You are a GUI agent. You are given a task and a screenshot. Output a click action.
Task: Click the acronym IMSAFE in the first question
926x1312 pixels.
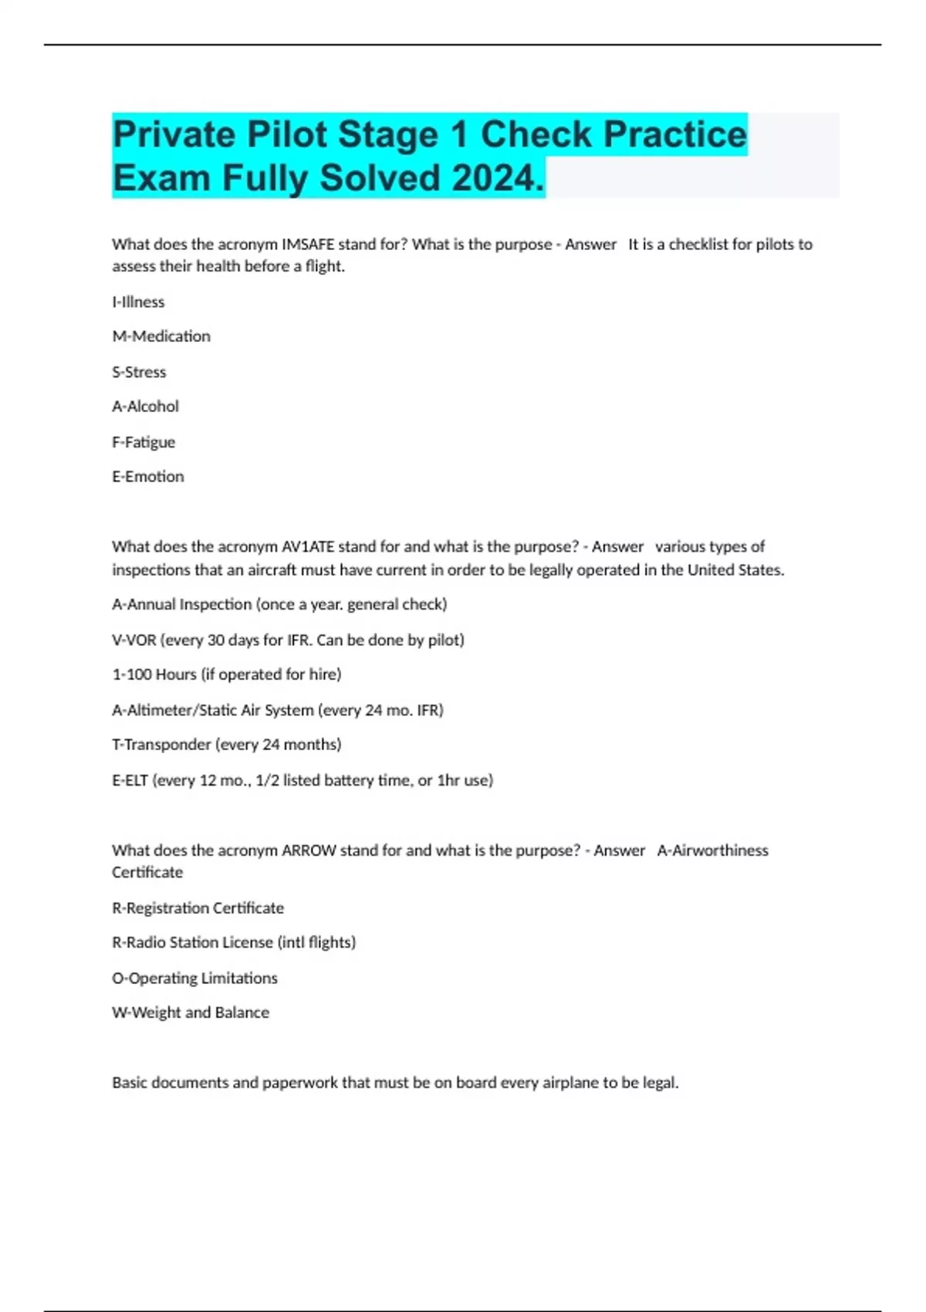[x=308, y=245]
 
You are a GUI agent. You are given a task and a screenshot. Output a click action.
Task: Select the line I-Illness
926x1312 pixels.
[x=138, y=302]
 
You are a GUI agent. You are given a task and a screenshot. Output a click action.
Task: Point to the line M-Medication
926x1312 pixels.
[x=161, y=336]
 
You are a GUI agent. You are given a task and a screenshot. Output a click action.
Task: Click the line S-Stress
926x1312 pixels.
[x=139, y=372]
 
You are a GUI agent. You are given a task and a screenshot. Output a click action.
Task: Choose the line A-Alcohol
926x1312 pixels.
[x=145, y=407]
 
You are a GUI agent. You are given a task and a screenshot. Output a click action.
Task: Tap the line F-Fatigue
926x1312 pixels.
[x=144, y=442]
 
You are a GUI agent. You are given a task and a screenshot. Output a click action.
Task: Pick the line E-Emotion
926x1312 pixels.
[x=148, y=477]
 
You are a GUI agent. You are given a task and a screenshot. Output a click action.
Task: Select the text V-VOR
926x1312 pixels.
[x=134, y=640]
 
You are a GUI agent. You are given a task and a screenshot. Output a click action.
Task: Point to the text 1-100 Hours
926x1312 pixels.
[x=154, y=675]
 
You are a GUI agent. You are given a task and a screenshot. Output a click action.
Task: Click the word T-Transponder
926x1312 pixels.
[x=161, y=745]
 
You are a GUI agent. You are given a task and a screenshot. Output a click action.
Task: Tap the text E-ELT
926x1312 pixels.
[x=130, y=780]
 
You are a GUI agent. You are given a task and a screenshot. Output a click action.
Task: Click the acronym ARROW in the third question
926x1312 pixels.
[x=309, y=850]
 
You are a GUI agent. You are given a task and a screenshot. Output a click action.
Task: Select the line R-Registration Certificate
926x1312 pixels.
[x=198, y=908]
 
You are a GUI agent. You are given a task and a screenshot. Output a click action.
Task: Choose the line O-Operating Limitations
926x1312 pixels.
[x=194, y=979]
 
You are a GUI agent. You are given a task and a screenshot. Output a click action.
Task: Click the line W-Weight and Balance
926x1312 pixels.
[x=191, y=1013]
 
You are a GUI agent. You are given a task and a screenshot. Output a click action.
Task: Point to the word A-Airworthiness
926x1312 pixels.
[x=712, y=850]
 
